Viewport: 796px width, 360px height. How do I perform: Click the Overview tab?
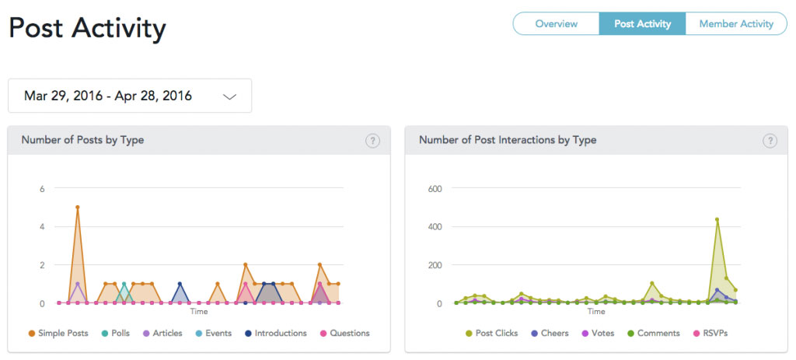[x=557, y=24]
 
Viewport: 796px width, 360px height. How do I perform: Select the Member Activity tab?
[x=736, y=24]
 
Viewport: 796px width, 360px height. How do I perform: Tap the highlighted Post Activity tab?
[x=642, y=24]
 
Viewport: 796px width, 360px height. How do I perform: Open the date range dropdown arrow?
[x=230, y=96]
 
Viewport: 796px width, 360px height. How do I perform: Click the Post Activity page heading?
[x=87, y=29]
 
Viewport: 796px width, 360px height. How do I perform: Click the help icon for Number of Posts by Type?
[x=372, y=141]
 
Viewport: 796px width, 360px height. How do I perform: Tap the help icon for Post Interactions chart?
[x=770, y=141]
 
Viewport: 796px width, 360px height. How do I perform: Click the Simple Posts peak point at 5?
[x=78, y=207]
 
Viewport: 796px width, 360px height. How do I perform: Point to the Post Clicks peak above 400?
[x=717, y=220]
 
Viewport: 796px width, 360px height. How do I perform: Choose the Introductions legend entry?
[x=275, y=334]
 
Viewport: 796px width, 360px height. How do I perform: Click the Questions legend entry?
[x=344, y=334]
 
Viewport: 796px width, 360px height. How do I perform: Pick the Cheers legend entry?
[x=550, y=334]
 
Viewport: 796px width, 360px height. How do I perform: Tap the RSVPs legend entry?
[x=710, y=334]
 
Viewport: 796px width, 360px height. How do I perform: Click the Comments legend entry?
[x=653, y=334]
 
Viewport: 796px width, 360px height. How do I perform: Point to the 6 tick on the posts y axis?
[x=42, y=188]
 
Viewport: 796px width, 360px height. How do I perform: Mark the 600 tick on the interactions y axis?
[x=436, y=188]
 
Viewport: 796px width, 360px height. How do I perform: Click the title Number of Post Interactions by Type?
[x=508, y=140]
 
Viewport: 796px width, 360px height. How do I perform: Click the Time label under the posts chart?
[x=198, y=312]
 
